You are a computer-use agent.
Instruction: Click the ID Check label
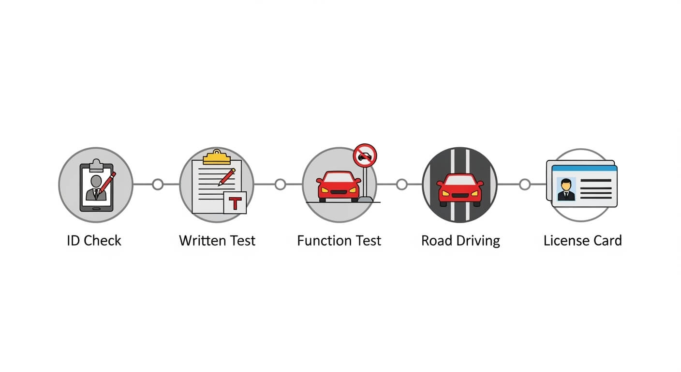(x=94, y=240)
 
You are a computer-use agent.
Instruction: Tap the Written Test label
(x=217, y=240)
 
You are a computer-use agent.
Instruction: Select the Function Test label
(x=339, y=240)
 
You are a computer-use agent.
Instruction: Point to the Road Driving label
(x=460, y=241)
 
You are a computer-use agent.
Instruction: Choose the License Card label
(x=582, y=240)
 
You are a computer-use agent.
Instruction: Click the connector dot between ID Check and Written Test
(x=158, y=185)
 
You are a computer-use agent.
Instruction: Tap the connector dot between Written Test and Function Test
(x=281, y=185)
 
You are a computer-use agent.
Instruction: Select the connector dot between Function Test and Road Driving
(x=402, y=185)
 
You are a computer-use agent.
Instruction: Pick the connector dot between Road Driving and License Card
(x=525, y=185)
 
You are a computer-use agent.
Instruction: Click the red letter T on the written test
(x=235, y=203)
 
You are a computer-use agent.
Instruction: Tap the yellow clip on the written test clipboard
(x=217, y=157)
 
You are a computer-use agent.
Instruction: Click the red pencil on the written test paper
(x=227, y=177)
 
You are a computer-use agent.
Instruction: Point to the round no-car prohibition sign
(x=365, y=155)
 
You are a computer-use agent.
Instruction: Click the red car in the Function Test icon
(x=339, y=186)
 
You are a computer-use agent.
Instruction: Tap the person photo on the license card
(x=566, y=189)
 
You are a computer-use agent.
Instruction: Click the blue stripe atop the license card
(x=584, y=168)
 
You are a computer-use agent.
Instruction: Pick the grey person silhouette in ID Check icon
(x=96, y=188)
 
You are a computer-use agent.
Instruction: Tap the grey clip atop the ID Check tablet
(x=96, y=165)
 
